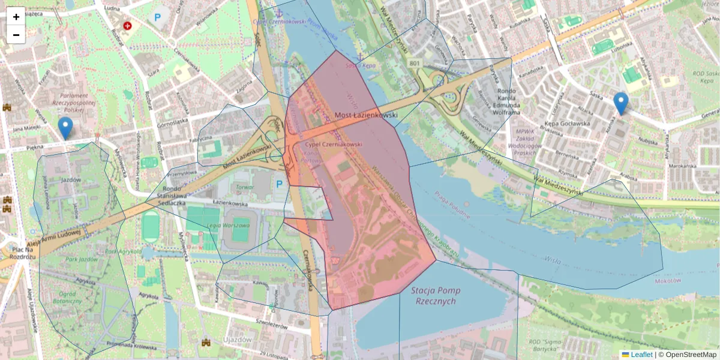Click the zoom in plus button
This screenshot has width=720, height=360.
16,17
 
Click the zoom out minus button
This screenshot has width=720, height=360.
16,35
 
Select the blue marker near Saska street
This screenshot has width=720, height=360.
621,103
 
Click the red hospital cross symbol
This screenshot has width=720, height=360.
127,26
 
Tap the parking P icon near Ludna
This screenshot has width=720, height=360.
157,18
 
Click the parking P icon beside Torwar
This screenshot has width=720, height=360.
279,184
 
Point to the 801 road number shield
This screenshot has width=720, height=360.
415,63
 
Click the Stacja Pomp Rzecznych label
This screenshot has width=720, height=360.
436,296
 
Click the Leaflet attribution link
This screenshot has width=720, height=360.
641,355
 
